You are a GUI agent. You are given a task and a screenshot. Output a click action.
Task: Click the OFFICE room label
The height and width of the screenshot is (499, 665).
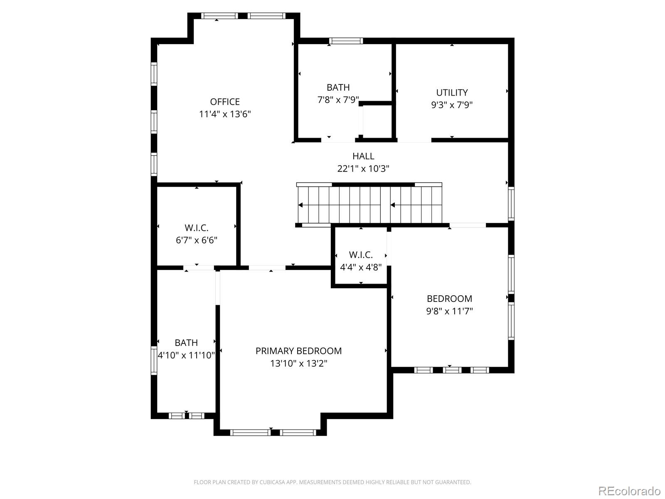click(x=225, y=102)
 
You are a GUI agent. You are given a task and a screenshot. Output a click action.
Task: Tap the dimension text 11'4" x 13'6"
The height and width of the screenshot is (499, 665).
click(x=225, y=114)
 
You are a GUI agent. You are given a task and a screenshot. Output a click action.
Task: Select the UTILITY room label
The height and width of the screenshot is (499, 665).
click(x=452, y=93)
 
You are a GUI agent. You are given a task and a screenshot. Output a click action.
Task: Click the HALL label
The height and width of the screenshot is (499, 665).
click(x=363, y=156)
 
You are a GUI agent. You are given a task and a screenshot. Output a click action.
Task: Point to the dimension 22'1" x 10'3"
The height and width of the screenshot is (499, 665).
click(x=363, y=169)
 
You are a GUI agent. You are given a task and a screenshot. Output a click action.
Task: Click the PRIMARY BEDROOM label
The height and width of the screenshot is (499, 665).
click(x=298, y=351)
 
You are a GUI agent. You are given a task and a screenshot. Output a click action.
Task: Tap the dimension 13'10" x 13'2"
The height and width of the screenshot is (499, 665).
click(x=298, y=363)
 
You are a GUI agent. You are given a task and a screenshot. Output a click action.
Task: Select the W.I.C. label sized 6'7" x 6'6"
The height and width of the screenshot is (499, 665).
click(x=196, y=228)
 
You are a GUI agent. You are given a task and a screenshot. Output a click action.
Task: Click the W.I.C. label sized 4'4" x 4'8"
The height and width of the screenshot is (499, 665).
click(x=361, y=255)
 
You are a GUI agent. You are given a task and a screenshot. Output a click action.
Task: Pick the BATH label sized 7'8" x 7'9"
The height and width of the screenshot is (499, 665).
click(x=338, y=88)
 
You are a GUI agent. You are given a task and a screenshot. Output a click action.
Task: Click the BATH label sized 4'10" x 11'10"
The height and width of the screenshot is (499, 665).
click(x=186, y=343)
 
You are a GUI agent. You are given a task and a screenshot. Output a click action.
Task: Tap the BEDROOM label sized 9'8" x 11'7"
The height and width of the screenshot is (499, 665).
click(x=449, y=299)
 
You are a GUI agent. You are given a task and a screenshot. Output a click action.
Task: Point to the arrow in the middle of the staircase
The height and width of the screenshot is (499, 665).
click(x=393, y=205)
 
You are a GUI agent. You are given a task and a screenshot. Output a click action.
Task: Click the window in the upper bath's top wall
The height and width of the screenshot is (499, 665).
click(x=346, y=41)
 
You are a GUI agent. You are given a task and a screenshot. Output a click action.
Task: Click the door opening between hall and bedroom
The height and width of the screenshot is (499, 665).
click(x=468, y=225)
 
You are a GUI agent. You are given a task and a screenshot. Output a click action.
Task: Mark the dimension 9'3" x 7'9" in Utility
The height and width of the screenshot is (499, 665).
click(x=452, y=105)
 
